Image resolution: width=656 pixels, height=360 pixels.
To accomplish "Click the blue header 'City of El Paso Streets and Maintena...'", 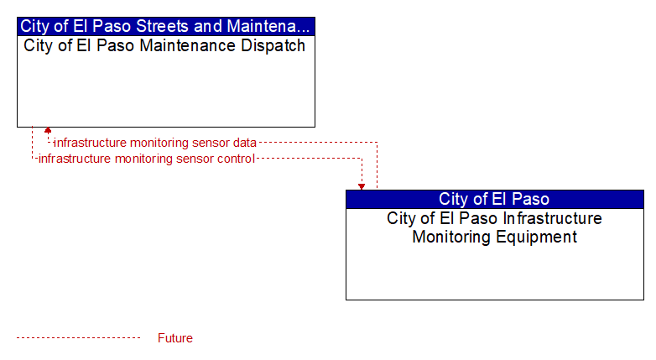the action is pos(165,26).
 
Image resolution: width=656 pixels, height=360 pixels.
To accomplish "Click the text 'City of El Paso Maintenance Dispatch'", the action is pos(164,45).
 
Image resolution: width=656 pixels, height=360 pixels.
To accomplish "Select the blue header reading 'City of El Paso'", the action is pos(494,199).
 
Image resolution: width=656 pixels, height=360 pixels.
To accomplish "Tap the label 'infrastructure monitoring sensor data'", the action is pos(155,143).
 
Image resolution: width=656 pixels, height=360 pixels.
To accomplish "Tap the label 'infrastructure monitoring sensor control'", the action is pos(147,159).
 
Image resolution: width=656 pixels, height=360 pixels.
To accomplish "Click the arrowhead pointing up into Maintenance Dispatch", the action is pos(48,130).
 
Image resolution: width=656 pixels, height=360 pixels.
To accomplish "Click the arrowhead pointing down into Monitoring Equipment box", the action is pos(362,186).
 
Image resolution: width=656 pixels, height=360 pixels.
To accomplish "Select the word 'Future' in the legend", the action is pos(174,338).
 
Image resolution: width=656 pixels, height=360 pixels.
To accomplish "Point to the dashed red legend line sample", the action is pos(78,338).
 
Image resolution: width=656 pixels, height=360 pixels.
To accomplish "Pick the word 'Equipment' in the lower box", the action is pos(536,237).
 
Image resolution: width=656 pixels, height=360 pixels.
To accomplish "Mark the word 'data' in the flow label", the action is pos(245,143).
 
